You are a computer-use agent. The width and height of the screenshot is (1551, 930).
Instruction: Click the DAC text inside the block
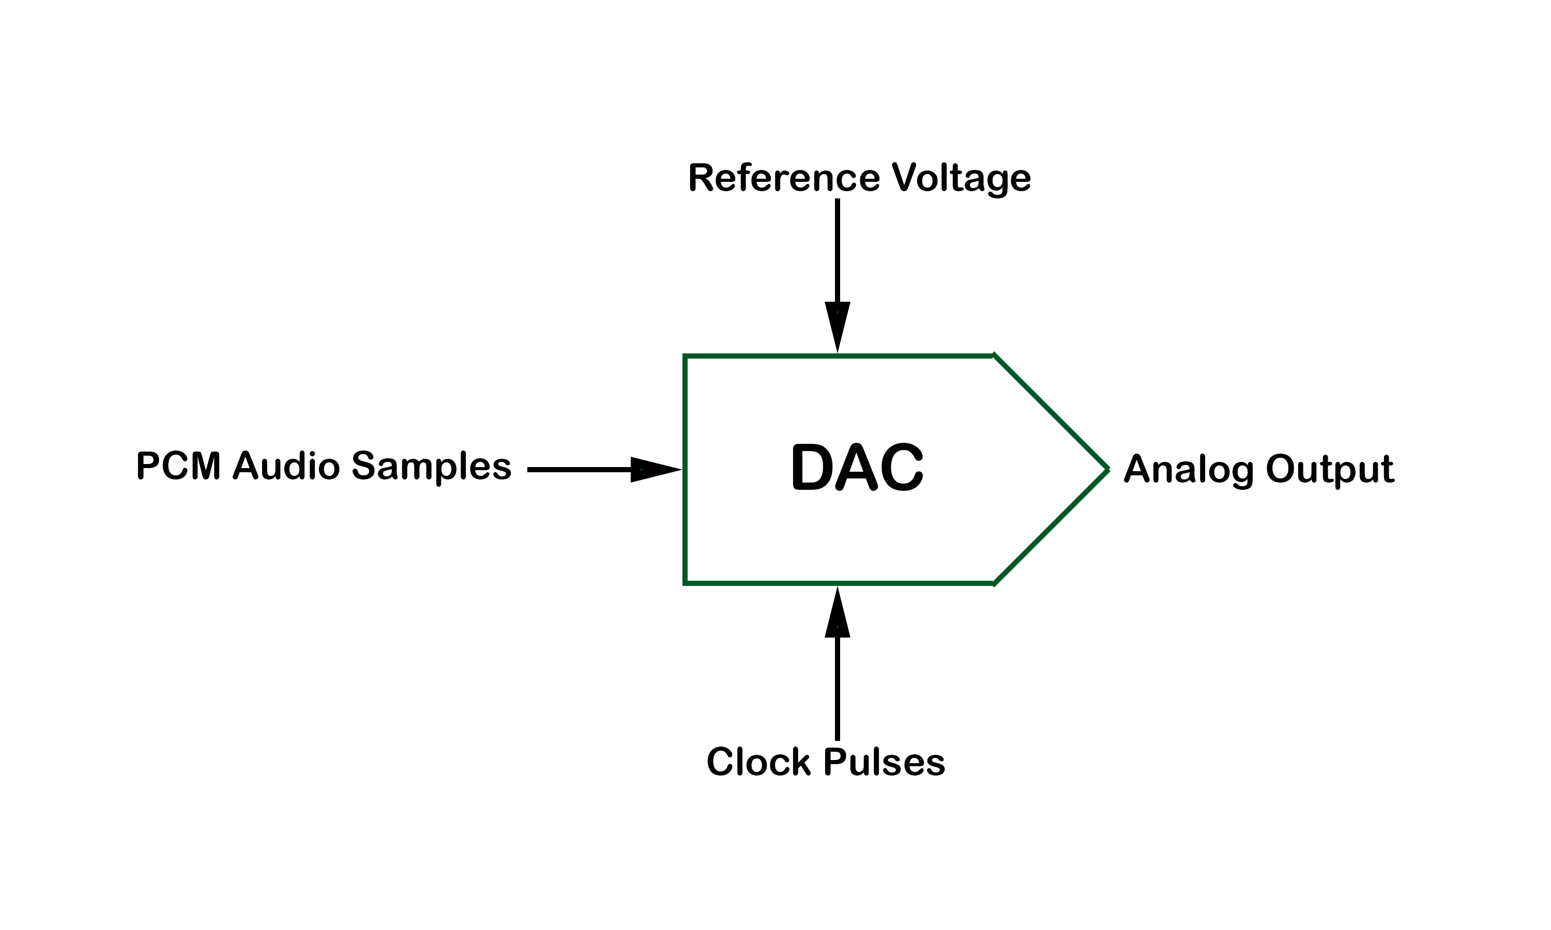[857, 468]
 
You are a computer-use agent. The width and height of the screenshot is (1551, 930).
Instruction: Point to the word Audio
[286, 466]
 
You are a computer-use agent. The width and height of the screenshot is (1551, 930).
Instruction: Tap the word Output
[1330, 469]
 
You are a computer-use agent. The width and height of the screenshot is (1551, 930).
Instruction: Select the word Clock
[758, 762]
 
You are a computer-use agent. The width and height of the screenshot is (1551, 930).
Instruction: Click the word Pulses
[884, 762]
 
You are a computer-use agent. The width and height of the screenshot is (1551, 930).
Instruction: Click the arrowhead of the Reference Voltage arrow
[838, 327]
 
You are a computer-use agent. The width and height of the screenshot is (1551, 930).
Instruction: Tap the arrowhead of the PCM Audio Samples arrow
[656, 469]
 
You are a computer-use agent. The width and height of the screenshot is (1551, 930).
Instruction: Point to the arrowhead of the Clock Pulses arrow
[838, 612]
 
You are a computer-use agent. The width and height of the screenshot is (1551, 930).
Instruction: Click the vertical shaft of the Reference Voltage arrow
[838, 251]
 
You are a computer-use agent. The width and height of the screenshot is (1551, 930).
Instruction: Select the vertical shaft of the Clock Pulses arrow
[838, 689]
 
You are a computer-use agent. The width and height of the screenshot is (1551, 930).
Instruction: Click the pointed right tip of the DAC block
[1108, 469]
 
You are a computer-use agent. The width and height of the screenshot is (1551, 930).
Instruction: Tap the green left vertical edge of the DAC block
[685, 469]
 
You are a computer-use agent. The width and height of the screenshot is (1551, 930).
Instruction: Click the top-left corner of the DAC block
[685, 356]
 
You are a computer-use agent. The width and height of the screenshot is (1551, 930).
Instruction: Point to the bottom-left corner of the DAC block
[685, 583]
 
